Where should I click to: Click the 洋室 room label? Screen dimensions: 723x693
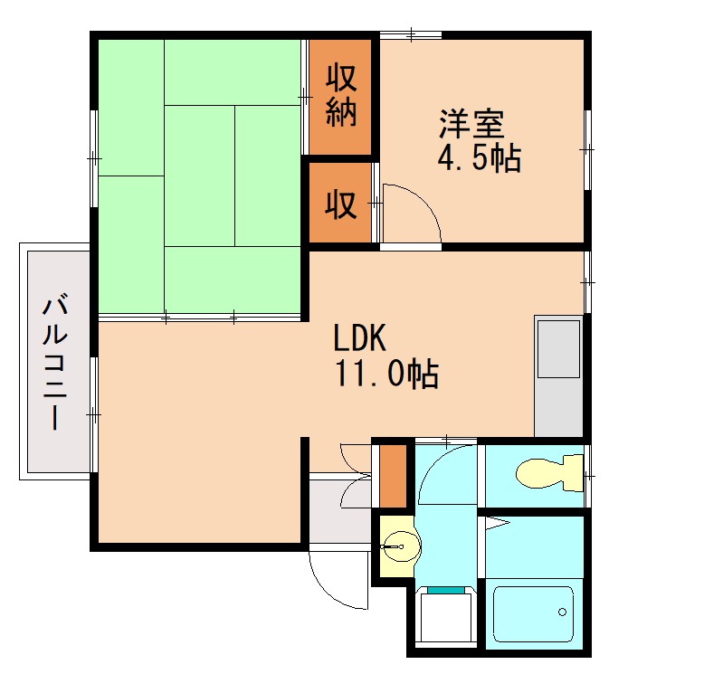471,124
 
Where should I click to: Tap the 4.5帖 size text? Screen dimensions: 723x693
480,158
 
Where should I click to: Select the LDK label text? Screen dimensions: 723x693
359,338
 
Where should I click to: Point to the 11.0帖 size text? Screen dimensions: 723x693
386,373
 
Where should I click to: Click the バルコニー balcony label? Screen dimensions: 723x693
55,365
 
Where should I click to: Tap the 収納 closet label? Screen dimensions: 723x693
341,96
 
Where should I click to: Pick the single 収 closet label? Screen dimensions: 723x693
341,204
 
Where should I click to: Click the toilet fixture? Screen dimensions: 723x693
549,472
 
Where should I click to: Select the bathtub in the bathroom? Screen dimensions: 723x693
534,613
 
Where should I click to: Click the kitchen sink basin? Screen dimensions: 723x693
559,348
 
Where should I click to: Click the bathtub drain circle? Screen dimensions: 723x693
562,612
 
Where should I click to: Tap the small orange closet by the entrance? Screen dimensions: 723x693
393,476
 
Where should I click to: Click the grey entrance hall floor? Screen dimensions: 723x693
340,512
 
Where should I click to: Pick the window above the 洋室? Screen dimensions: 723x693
411,34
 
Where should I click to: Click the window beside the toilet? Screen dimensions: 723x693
588,475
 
